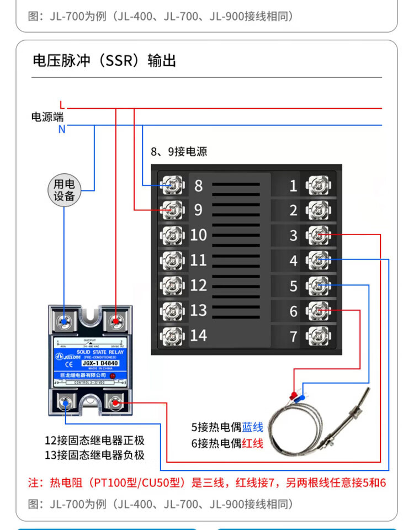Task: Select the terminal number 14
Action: click(198, 335)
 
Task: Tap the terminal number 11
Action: click(198, 260)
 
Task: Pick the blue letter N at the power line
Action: click(62, 130)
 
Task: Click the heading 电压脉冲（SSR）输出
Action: click(104, 60)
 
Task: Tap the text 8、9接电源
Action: click(179, 151)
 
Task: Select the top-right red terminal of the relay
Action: click(116, 320)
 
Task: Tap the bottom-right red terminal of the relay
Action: click(116, 403)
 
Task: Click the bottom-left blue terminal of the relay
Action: click(66, 403)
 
